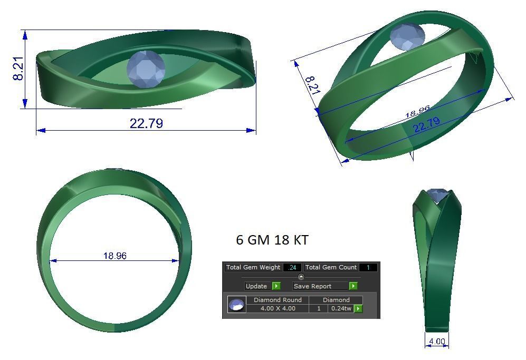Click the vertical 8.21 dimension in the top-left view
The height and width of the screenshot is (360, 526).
coord(18,69)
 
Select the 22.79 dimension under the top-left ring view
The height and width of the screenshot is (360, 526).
coord(146,123)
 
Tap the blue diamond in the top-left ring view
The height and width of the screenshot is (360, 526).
coord(146,69)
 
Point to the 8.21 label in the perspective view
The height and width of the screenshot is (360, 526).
coord(313,85)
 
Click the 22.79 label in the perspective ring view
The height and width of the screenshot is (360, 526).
coord(426,125)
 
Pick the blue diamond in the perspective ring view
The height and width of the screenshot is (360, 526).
coord(407,37)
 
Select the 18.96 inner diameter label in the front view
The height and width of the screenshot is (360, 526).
coord(114,256)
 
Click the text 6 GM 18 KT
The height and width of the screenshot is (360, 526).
coord(272,240)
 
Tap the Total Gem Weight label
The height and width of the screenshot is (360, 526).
coord(253,267)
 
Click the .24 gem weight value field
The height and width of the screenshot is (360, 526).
coord(292,267)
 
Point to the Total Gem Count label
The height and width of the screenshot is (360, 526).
coord(331,267)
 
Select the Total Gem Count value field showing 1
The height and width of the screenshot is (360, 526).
coord(368,267)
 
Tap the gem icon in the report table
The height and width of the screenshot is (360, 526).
coord(236,305)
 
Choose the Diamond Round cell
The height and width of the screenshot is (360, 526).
coord(278,300)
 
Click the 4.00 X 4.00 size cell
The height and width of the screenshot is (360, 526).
coord(278,308)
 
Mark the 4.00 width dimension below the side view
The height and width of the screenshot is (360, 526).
coord(437,341)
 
